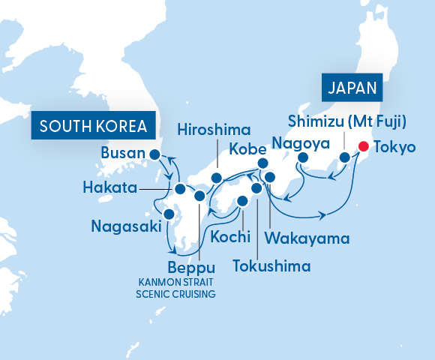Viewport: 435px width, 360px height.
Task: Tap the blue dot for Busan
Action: pyautogui.click(x=154, y=155)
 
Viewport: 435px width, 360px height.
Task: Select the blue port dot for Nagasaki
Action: pyautogui.click(x=169, y=214)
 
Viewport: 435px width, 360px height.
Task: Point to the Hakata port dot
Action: pyautogui.click(x=180, y=187)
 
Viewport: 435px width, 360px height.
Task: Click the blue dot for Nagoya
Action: pyautogui.click(x=304, y=158)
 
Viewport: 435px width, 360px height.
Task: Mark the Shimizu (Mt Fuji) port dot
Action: pyautogui.click(x=345, y=157)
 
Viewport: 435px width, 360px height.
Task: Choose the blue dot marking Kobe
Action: pyautogui.click(x=262, y=163)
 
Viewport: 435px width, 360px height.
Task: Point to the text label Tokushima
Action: pyautogui.click(x=271, y=265)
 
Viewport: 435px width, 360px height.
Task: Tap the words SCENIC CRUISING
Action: pyautogui.click(x=175, y=294)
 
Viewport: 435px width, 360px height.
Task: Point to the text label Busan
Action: pyautogui.click(x=121, y=155)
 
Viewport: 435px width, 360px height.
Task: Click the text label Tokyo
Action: pyautogui.click(x=395, y=147)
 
